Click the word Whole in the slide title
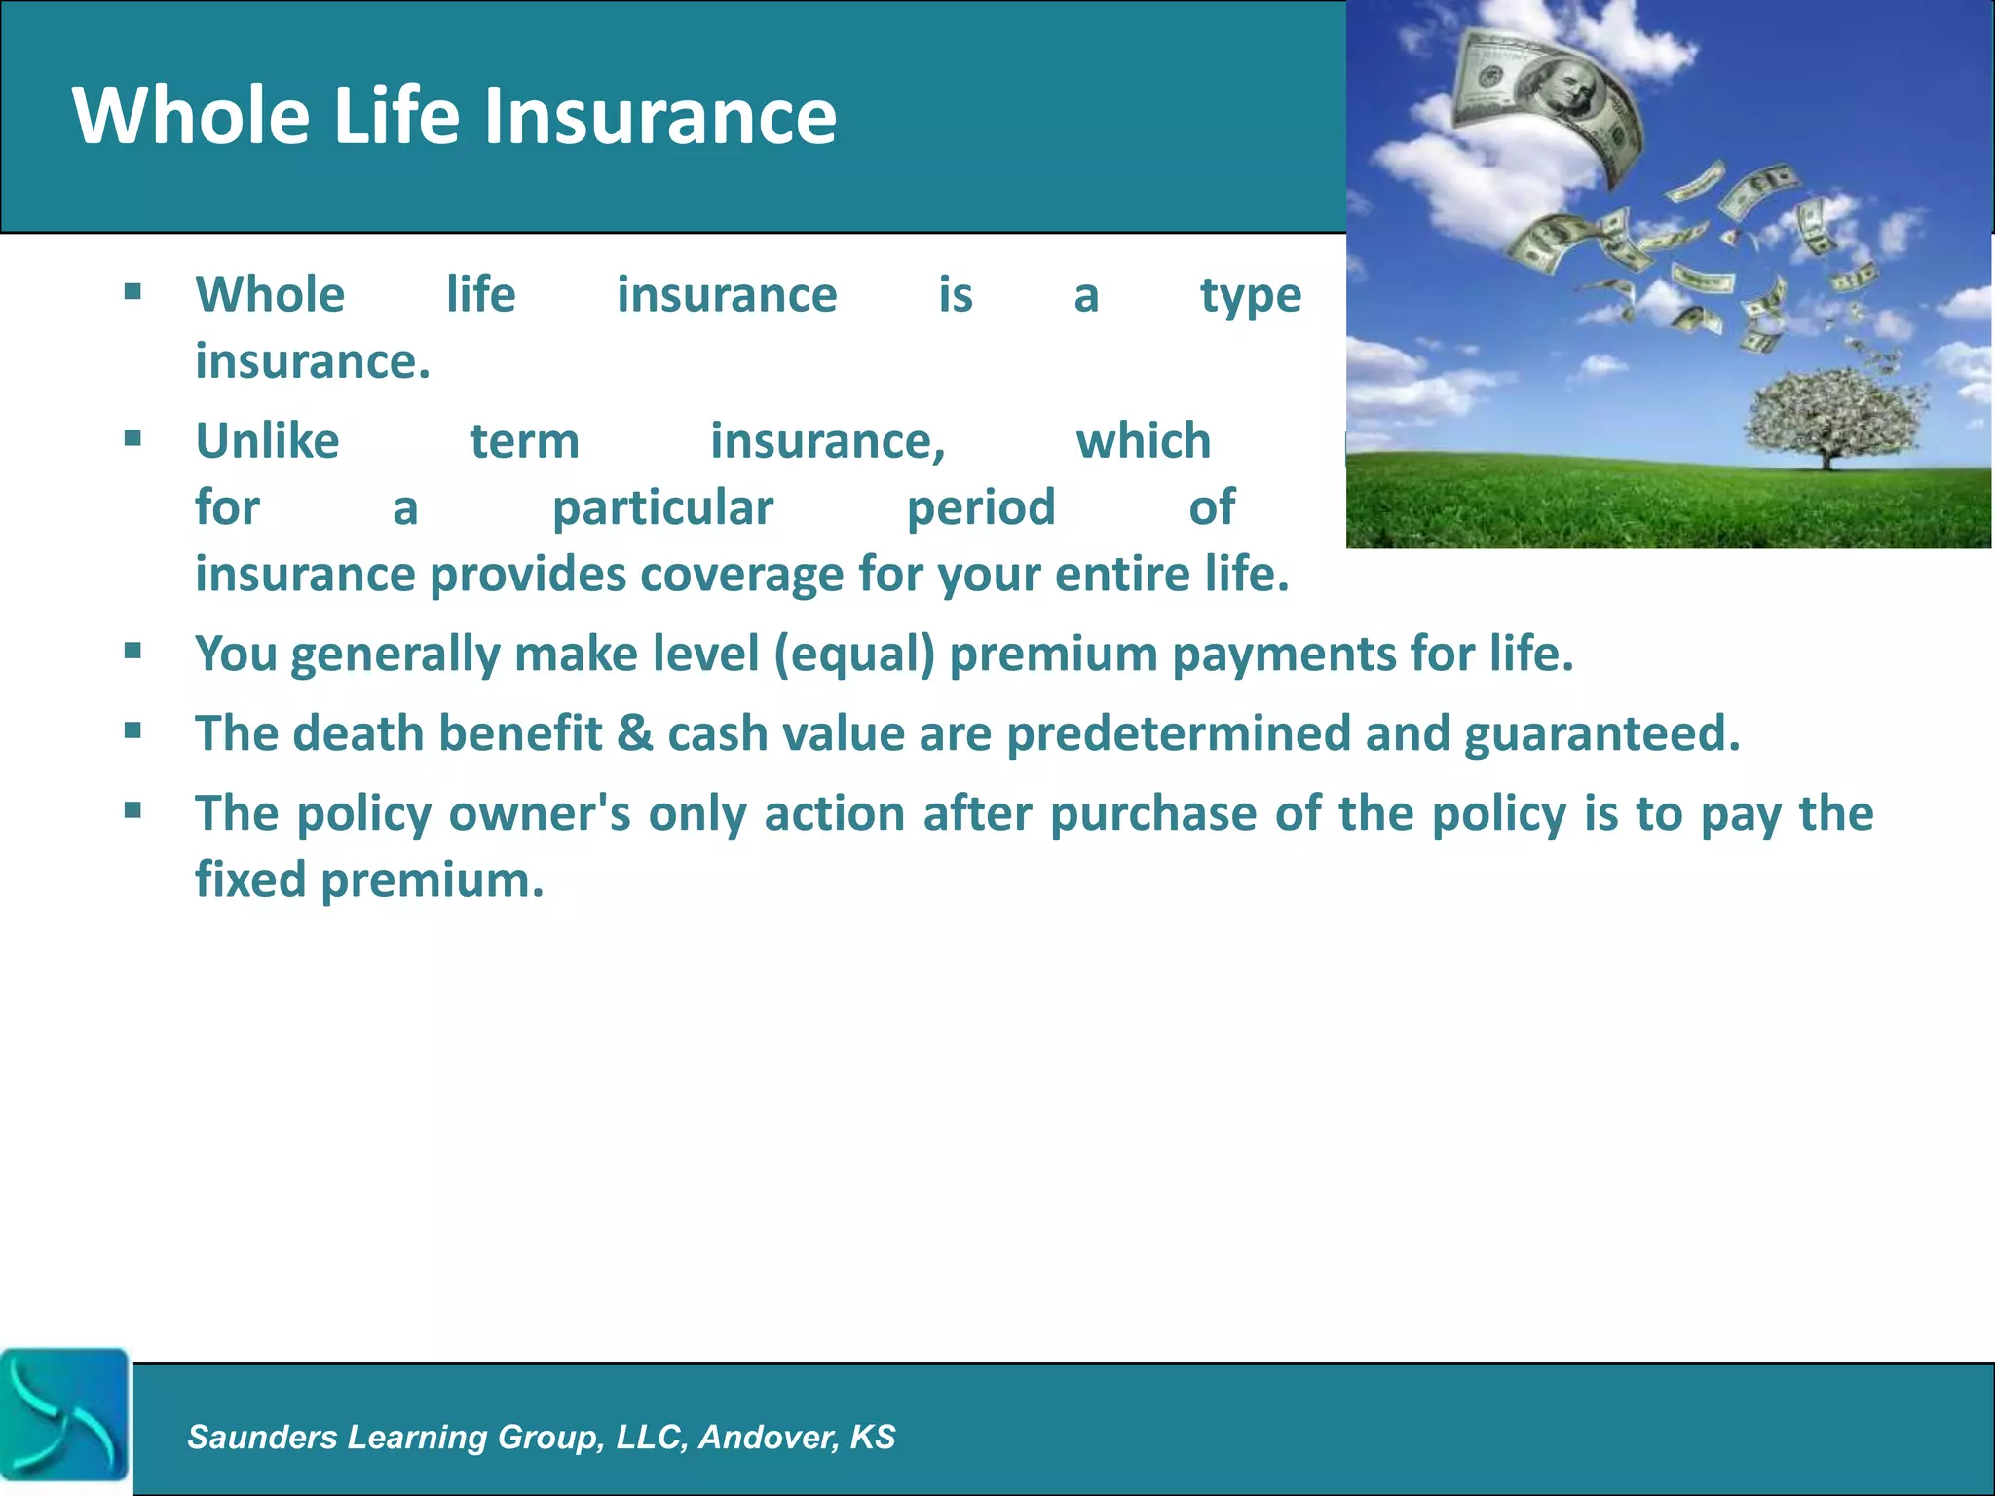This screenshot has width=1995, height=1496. click(x=191, y=115)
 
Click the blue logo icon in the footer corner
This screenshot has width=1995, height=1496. click(x=64, y=1414)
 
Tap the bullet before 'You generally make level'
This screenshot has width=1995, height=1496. click(x=133, y=651)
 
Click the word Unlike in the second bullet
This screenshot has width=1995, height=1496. click(x=267, y=441)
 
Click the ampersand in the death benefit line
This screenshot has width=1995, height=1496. click(x=634, y=732)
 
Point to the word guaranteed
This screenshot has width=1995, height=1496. click(x=1601, y=733)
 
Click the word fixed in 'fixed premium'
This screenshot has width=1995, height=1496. click(x=250, y=879)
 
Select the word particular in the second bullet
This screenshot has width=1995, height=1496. click(x=662, y=507)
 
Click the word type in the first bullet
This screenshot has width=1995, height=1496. click(x=1250, y=295)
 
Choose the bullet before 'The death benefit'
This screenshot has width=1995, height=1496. click(x=133, y=730)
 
